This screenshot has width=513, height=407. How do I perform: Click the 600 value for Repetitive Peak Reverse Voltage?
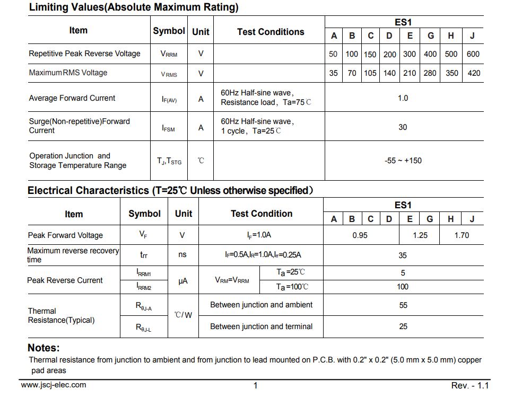coord(473,54)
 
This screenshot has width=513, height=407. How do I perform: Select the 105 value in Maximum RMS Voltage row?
coord(370,73)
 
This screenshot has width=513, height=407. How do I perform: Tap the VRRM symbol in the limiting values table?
coord(169,54)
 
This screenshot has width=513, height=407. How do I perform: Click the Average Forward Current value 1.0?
coord(403,98)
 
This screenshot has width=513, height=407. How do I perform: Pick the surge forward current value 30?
coord(403,127)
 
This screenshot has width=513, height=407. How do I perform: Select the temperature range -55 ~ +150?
coord(403,161)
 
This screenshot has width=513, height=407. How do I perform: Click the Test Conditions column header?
coord(271,32)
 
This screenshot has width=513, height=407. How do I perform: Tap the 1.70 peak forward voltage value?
coord(462,235)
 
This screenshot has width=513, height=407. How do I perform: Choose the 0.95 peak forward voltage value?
coord(360,235)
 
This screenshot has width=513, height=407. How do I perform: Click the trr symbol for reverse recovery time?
coord(144,255)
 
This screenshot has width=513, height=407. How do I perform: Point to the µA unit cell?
coord(183,281)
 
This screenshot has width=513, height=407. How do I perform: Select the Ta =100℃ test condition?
coord(292,287)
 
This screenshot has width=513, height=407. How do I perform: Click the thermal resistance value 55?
coord(403,305)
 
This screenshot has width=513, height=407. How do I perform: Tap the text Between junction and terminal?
coord(262,326)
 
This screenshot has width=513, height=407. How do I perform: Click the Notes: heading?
coord(44,348)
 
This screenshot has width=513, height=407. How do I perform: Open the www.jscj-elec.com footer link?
coord(54,385)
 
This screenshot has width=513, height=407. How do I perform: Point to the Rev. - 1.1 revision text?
coord(470,385)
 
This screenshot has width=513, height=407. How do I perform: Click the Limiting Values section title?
coord(134,7)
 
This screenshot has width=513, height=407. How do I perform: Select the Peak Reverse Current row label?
coord(65,280)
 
